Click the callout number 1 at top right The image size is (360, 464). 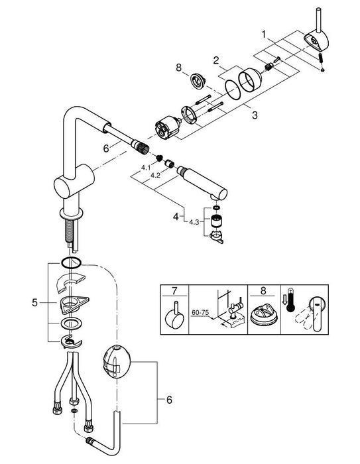tap(263, 34)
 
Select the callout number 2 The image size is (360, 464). tap(216, 60)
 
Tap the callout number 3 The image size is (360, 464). tap(255, 115)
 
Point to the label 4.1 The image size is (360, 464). tap(146, 168)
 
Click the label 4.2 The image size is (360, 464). tap(155, 175)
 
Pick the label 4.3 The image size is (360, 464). tap(194, 222)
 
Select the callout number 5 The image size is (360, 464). tap(35, 303)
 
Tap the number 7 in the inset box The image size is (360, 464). tap(174, 290)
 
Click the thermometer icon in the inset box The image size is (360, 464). tap(290, 300)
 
